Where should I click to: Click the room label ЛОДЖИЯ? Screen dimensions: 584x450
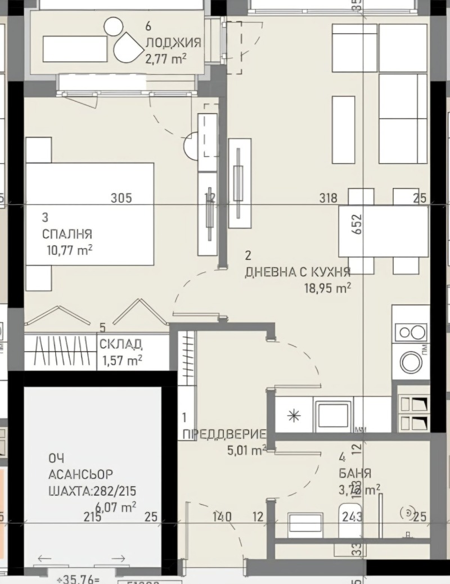coord(173,42)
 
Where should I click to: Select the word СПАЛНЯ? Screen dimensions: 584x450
coord(67,234)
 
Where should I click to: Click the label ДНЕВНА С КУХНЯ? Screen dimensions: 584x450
coord(298,272)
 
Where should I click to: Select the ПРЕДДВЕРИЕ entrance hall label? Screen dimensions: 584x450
coord(224,434)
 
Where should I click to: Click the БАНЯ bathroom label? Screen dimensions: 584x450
coord(355,473)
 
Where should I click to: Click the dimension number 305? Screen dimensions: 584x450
coord(121,198)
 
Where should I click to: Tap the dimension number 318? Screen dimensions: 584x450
coord(327,198)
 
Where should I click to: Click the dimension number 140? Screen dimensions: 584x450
coord(223,516)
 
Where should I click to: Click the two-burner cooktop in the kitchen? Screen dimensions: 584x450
coord(411,332)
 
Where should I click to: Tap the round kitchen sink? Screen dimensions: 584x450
coord(411,362)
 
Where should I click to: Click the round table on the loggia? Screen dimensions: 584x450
coord(114,25)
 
